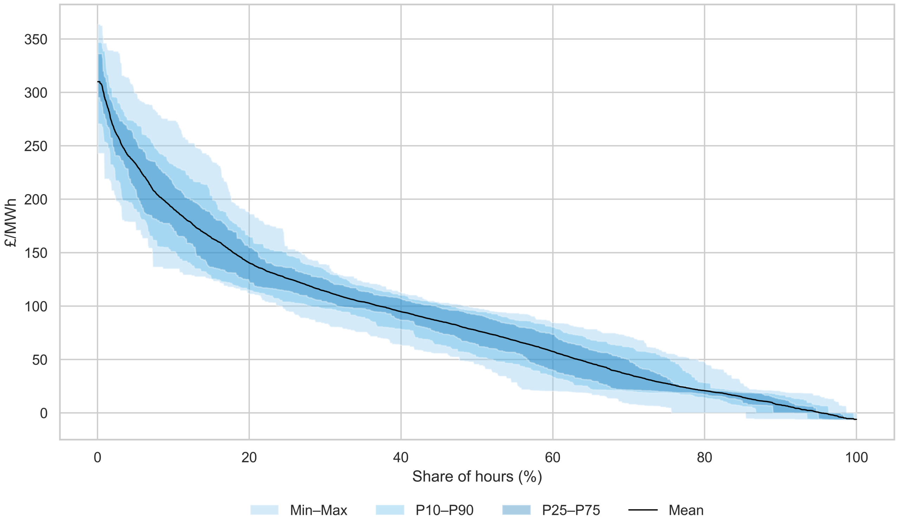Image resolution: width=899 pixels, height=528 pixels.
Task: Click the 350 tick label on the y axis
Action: (36, 40)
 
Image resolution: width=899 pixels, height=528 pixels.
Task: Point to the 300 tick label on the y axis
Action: (36, 93)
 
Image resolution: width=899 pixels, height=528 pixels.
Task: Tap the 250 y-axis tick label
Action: (36, 146)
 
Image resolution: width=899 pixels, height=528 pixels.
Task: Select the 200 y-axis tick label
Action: (36, 200)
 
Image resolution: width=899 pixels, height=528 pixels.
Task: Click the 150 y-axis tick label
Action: (36, 253)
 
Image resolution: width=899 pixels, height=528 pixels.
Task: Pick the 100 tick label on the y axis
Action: (36, 306)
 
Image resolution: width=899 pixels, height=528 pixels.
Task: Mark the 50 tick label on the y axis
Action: (40, 360)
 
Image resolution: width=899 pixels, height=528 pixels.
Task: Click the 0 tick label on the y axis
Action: (44, 414)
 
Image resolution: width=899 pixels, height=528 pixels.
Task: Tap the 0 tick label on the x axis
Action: (97, 457)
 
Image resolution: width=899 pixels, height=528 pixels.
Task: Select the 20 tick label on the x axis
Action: (249, 457)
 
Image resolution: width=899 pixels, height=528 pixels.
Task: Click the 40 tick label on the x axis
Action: (401, 457)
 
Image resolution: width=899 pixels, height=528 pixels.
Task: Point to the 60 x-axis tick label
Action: (553, 457)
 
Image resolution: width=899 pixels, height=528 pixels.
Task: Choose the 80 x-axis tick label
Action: (704, 457)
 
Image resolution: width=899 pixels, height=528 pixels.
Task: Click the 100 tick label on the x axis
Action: (856, 457)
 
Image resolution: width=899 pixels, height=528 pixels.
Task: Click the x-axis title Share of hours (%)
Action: (477, 477)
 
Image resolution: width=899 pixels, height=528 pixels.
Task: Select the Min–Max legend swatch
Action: (264, 510)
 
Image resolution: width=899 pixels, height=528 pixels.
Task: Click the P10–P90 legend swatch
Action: (390, 510)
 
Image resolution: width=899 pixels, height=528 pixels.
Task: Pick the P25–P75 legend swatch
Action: (516, 510)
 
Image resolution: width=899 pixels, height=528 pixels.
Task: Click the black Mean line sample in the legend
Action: (643, 510)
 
